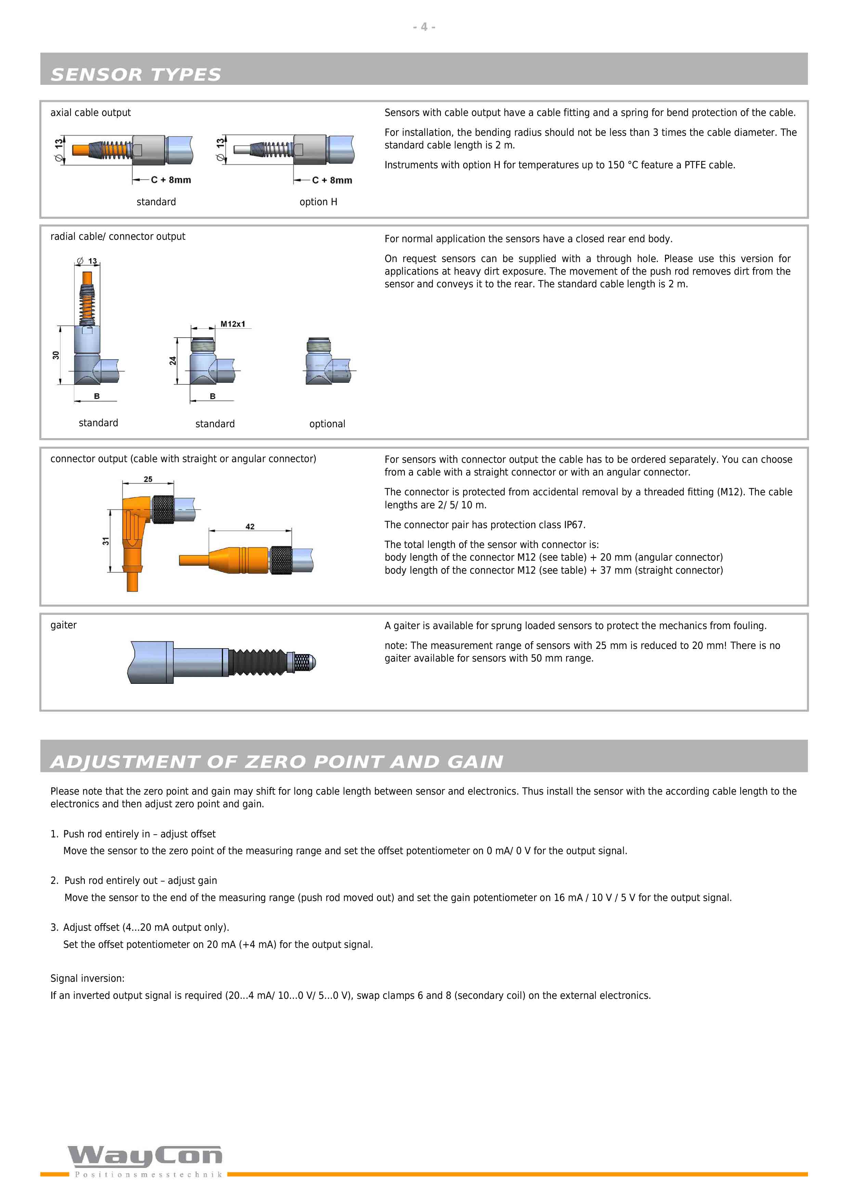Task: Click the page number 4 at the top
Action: [x=424, y=27]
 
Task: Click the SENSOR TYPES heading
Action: [x=136, y=75]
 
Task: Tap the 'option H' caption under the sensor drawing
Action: [x=318, y=202]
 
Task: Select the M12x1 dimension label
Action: [x=233, y=324]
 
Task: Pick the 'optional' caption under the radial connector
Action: [x=327, y=424]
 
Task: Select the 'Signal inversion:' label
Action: [x=87, y=978]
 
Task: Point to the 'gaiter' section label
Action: [x=63, y=625]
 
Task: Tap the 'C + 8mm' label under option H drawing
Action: [x=332, y=180]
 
